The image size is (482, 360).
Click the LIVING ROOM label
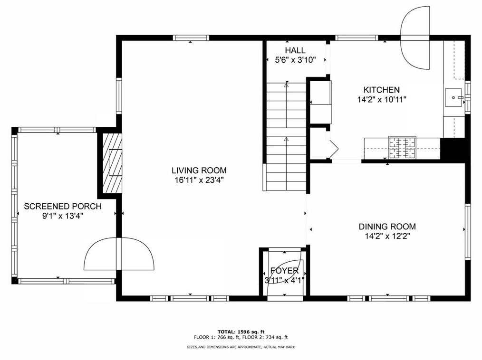click(x=199, y=170)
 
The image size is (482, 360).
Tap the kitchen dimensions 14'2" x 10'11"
click(x=381, y=100)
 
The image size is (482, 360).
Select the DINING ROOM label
click(x=387, y=227)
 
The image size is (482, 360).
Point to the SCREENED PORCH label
click(x=62, y=206)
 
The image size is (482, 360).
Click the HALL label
click(x=295, y=50)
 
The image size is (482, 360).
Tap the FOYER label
click(x=284, y=271)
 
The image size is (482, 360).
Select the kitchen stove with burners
click(x=402, y=147)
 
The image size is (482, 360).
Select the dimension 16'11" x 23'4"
click(x=199, y=180)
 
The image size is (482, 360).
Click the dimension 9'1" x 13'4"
click(x=62, y=216)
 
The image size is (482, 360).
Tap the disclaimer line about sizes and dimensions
click(x=241, y=347)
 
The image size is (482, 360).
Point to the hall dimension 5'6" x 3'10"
click(x=295, y=60)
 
